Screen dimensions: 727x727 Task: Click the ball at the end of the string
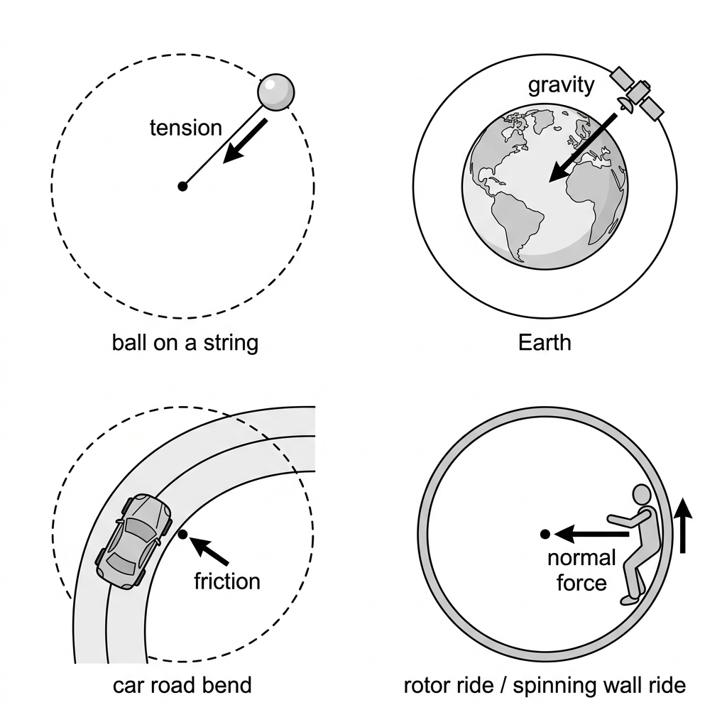point(276,92)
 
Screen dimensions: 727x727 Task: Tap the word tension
point(186,128)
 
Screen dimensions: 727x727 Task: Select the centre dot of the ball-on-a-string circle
point(182,187)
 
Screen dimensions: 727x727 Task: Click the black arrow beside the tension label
point(245,141)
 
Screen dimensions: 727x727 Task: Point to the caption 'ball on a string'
point(185,344)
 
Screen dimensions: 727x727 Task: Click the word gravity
point(561,86)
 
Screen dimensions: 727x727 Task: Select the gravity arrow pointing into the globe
point(583,148)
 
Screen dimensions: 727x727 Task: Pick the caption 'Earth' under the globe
point(545,343)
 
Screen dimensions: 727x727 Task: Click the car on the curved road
point(133,541)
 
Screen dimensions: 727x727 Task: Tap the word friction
point(227,581)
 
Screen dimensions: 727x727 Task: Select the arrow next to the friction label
point(209,550)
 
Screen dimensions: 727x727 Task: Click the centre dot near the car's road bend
point(182,535)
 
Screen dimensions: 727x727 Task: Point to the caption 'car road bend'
point(182,685)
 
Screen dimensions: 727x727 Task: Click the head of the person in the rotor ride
point(642,495)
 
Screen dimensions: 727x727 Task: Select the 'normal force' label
point(581,570)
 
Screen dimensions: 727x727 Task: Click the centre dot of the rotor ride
point(545,535)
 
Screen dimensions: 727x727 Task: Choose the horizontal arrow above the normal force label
point(591,535)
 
